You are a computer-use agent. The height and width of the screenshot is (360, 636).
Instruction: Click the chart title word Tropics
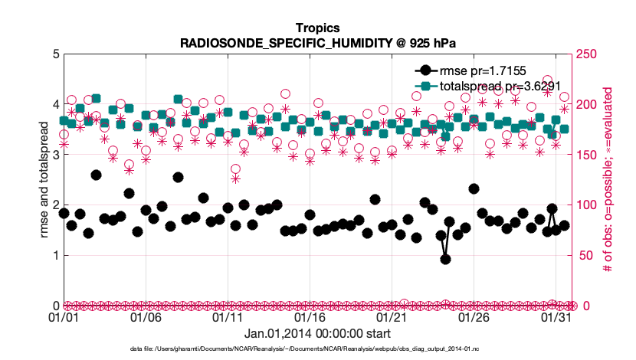[x=317, y=28]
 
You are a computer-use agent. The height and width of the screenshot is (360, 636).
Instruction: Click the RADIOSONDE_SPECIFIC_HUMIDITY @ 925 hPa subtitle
[x=317, y=43]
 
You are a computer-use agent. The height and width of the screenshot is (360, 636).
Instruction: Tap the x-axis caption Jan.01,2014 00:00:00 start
[x=317, y=334]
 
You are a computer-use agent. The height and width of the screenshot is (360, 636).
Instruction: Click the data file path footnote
[x=317, y=349]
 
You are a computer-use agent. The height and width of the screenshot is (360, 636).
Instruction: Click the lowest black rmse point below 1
[x=445, y=259]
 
